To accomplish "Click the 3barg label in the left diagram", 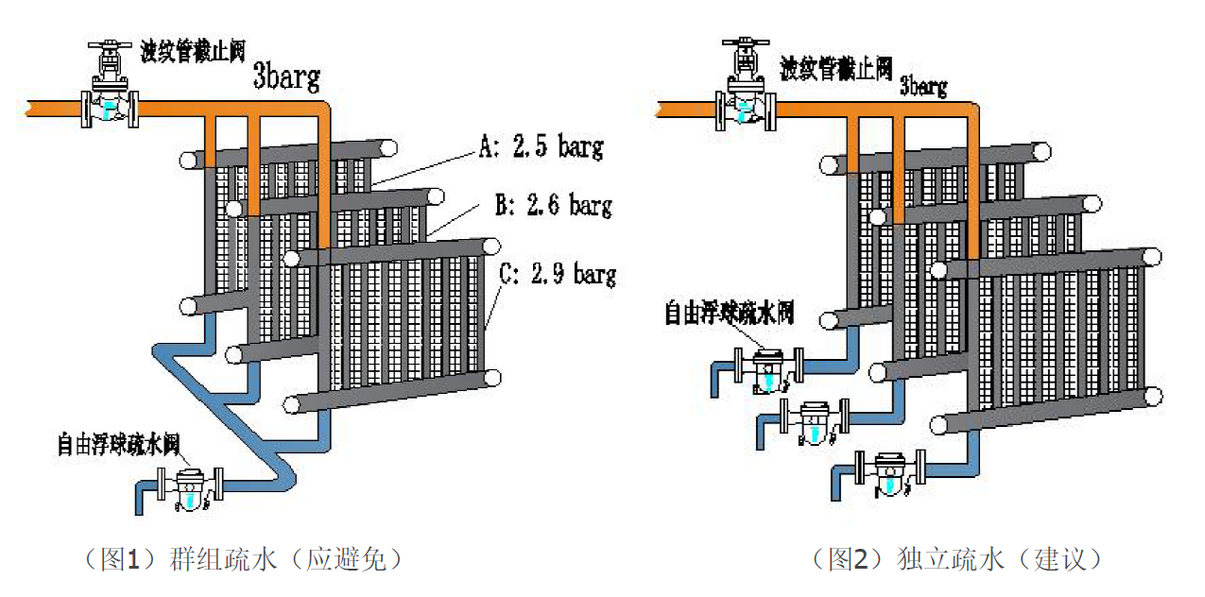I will (x=286, y=76).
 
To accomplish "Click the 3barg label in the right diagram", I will (x=922, y=86).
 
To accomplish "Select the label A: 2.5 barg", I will (x=542, y=147).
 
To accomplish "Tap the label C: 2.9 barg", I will (x=558, y=275).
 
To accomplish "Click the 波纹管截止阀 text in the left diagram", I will (x=193, y=53).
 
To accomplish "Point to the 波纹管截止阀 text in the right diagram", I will (x=835, y=67).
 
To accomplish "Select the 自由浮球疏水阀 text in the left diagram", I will (x=118, y=443).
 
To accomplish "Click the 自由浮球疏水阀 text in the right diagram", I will (x=729, y=312).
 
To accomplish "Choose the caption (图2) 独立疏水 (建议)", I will (x=958, y=559).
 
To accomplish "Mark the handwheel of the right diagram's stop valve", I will (x=747, y=43).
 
